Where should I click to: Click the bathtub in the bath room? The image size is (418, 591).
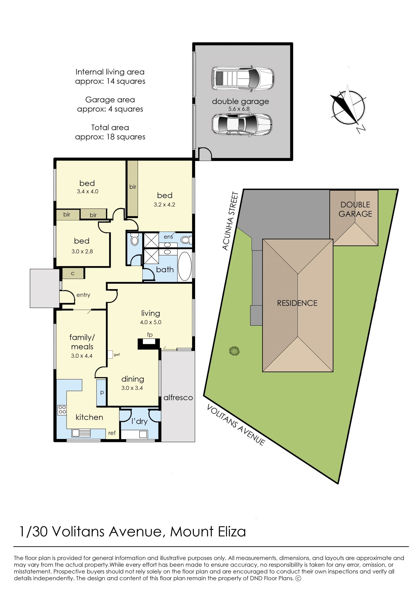coord(185,266)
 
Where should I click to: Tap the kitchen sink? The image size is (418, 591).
coord(81,433)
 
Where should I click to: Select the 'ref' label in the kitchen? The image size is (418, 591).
coord(112,433)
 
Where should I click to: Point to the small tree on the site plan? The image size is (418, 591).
coord(234,351)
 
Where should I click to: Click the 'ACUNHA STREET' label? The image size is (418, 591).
coord(230,221)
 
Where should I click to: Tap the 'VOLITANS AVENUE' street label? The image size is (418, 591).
coord(236,425)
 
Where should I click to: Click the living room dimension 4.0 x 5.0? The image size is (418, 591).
coord(151,322)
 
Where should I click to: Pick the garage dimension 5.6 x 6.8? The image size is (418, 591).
coord(239,109)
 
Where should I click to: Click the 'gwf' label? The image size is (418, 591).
coord(117,355)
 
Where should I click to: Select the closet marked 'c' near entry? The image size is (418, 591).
coord(73,273)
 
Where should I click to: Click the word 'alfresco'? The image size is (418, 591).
coord(178,398)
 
